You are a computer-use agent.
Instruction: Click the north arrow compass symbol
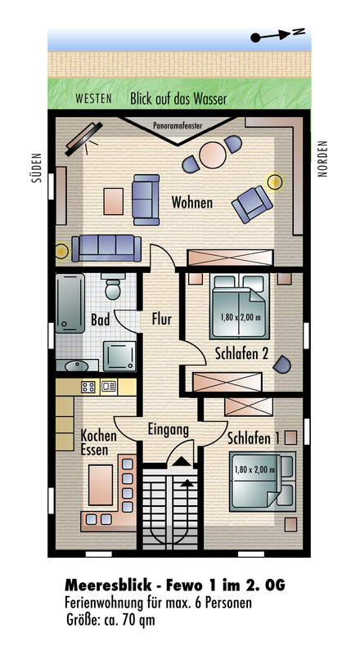(x=277, y=35)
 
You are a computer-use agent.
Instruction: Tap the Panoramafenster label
(x=178, y=126)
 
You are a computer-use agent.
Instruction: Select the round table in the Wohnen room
(x=213, y=155)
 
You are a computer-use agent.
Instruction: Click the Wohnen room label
(x=192, y=203)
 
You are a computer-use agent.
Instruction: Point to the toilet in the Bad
(x=112, y=286)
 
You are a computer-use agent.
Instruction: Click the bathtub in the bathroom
(x=70, y=303)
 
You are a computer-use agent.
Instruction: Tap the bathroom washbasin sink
(x=77, y=365)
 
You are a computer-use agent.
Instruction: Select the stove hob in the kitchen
(x=88, y=387)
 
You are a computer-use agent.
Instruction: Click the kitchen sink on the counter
(x=109, y=387)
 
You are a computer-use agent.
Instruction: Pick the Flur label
(x=162, y=320)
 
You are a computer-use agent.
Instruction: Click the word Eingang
(x=168, y=430)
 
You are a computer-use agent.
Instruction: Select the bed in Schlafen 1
(x=263, y=482)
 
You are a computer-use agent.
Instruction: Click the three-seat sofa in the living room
(x=106, y=249)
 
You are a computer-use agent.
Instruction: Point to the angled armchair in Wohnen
(x=252, y=204)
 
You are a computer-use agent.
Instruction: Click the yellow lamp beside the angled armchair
(x=275, y=182)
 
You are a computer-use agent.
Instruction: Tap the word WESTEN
(x=94, y=99)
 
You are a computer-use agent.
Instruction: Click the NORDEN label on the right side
(x=322, y=159)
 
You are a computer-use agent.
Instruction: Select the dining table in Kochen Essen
(x=101, y=485)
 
